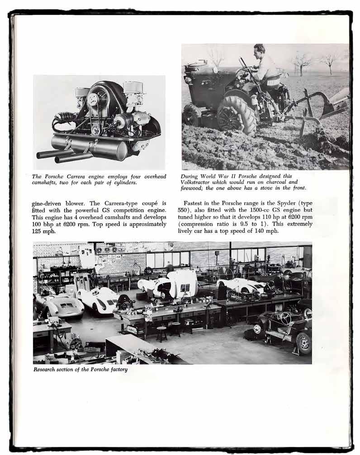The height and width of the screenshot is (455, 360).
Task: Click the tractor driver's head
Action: tap(259, 49)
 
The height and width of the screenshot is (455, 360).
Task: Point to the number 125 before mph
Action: tap(39, 232)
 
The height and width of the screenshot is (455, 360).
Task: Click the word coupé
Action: tap(144, 203)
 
